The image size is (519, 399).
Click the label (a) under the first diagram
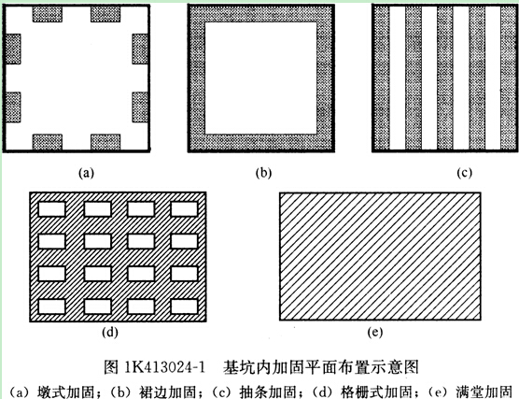click(x=87, y=173)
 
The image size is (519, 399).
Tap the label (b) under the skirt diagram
click(x=263, y=173)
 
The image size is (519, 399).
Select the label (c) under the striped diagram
click(x=464, y=173)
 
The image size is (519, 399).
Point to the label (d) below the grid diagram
click(x=110, y=332)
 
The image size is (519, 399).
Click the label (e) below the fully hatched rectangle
click(x=375, y=332)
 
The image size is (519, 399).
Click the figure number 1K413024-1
click(x=164, y=367)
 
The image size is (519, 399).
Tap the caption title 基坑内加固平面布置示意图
click(x=321, y=367)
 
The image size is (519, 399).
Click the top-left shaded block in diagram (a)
click(x=48, y=14)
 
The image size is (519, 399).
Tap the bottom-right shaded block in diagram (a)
click(x=105, y=142)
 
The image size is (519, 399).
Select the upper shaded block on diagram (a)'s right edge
click(x=140, y=49)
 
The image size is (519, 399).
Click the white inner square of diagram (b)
click(x=260, y=78)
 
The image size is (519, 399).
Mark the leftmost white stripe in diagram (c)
click(x=398, y=78)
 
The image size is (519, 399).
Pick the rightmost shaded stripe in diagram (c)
click(x=508, y=78)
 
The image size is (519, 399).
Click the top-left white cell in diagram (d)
click(x=51, y=209)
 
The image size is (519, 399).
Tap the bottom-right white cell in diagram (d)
click(x=185, y=306)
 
